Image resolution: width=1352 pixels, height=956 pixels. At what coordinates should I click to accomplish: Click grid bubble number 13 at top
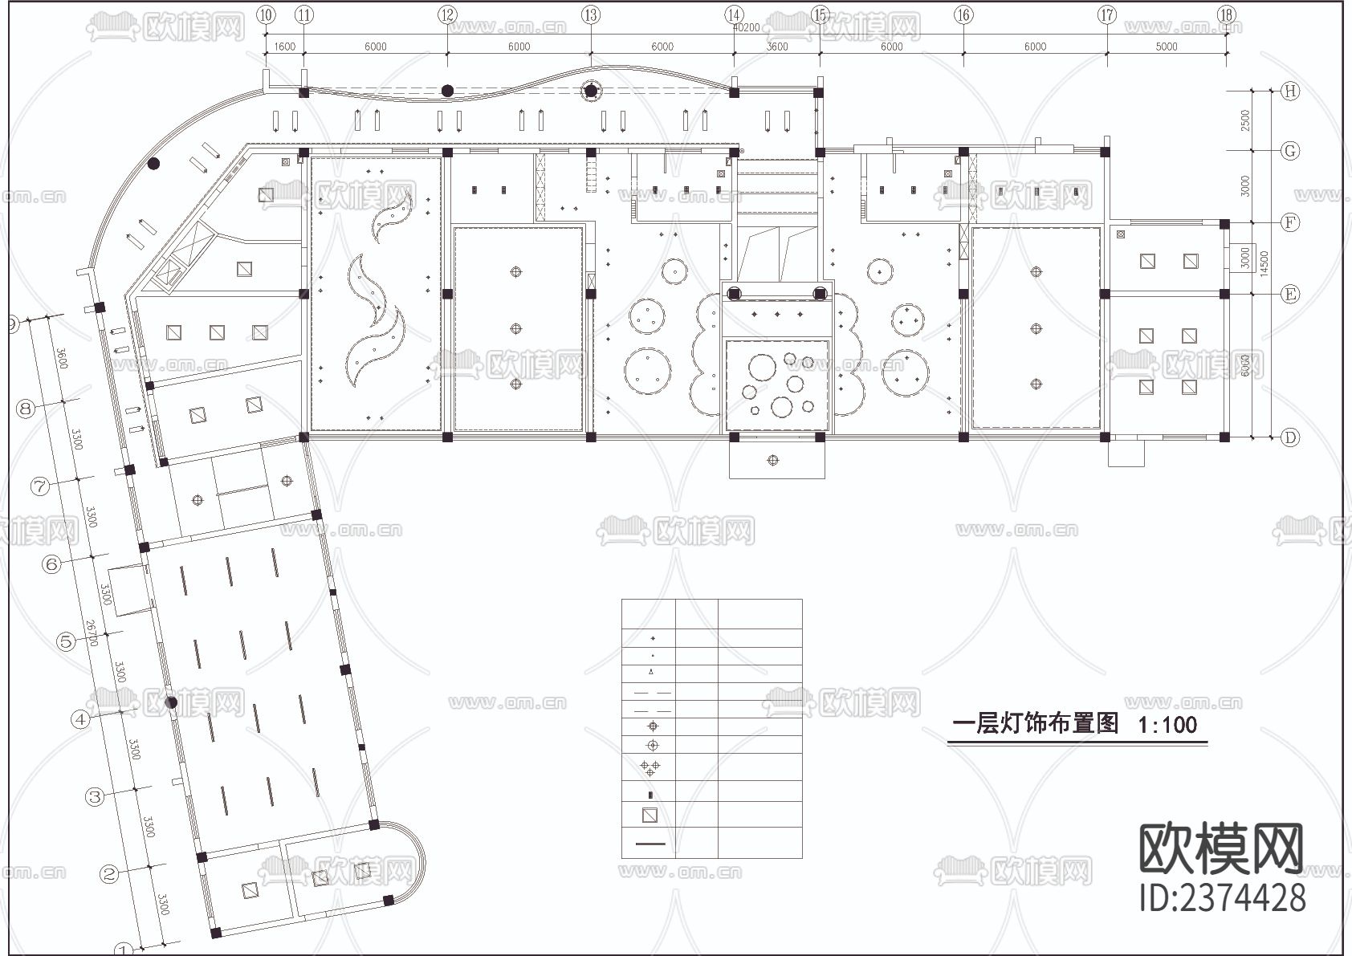pyautogui.click(x=591, y=14)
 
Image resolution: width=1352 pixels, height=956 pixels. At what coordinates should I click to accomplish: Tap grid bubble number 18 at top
pyautogui.click(x=1226, y=14)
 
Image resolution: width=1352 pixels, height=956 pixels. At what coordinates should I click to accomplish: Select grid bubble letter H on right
pyautogui.click(x=1290, y=92)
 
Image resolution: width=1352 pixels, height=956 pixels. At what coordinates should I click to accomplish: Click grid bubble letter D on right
pyautogui.click(x=1290, y=437)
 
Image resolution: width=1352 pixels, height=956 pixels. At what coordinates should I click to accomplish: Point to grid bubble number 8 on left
pyautogui.click(x=26, y=409)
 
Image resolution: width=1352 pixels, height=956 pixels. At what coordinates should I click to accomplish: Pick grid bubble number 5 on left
pyautogui.click(x=66, y=641)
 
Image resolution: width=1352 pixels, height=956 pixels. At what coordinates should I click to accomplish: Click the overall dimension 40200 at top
pyautogui.click(x=746, y=27)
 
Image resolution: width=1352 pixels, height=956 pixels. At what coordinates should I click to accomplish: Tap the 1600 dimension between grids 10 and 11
pyautogui.click(x=284, y=47)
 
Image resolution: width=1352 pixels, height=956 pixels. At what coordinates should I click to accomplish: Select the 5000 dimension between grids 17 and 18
pyautogui.click(x=1166, y=47)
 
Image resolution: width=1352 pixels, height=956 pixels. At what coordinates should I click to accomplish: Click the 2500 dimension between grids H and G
pyautogui.click(x=1245, y=120)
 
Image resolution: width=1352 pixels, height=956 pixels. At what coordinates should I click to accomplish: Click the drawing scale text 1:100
pyautogui.click(x=1167, y=725)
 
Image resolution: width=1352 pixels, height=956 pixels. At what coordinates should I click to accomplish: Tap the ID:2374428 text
pyautogui.click(x=1222, y=897)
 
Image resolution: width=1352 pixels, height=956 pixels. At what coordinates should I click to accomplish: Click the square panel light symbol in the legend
pyautogui.click(x=650, y=816)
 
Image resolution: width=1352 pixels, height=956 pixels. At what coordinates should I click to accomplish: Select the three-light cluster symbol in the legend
pyautogui.click(x=650, y=768)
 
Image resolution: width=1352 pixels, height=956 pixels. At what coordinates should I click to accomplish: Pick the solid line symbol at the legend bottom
pyautogui.click(x=650, y=844)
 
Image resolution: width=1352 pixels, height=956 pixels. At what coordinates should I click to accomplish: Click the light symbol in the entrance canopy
pyautogui.click(x=773, y=461)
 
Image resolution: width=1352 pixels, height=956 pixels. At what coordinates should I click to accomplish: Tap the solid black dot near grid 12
pyautogui.click(x=447, y=91)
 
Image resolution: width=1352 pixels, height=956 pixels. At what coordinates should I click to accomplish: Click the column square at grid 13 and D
pyautogui.click(x=591, y=437)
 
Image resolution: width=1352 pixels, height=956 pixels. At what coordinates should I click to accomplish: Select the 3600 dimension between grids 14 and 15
pyautogui.click(x=776, y=47)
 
